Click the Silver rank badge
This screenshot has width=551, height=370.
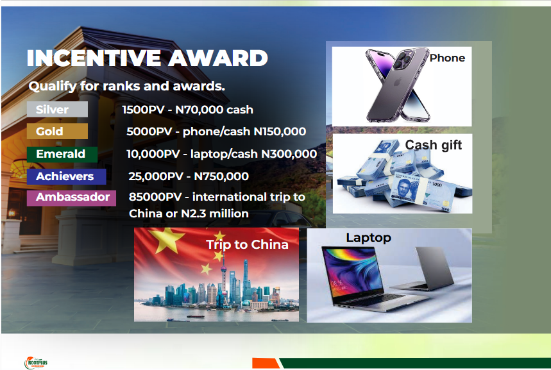[x=57, y=109]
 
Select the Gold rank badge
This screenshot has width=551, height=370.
[x=57, y=131]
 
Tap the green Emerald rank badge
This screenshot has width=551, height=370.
[x=62, y=154]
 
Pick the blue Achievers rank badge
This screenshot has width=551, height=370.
[x=67, y=176]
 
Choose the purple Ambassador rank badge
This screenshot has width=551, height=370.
[x=71, y=197]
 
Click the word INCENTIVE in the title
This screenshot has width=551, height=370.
[x=94, y=58]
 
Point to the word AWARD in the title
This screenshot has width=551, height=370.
[x=218, y=58]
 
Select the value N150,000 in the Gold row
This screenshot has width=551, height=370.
[x=280, y=131]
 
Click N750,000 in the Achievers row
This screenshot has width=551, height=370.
[x=221, y=176]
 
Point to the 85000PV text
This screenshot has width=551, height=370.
[x=155, y=197]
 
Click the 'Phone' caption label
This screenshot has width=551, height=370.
[x=447, y=58]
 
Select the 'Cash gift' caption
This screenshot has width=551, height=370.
[x=433, y=145]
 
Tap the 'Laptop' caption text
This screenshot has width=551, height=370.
[x=368, y=238]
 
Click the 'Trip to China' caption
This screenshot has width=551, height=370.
[x=247, y=244]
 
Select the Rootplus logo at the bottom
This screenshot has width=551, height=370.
[x=36, y=362]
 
